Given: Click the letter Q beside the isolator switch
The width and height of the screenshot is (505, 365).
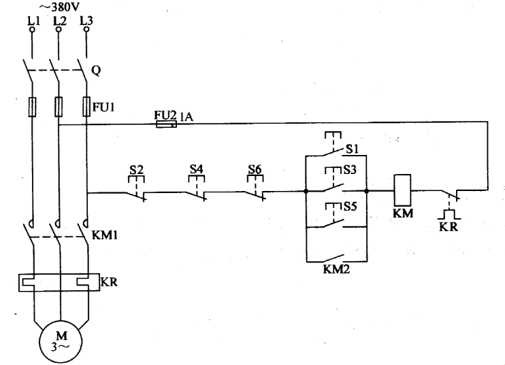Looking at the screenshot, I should (x=105, y=69).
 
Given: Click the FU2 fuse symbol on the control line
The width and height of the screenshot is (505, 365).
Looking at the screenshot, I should (x=167, y=124).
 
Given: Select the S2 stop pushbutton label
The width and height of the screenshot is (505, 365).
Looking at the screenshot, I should (x=137, y=167).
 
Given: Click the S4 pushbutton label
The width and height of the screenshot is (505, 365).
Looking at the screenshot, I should (x=196, y=167).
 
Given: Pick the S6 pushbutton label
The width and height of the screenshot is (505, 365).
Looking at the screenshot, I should (x=255, y=167).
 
